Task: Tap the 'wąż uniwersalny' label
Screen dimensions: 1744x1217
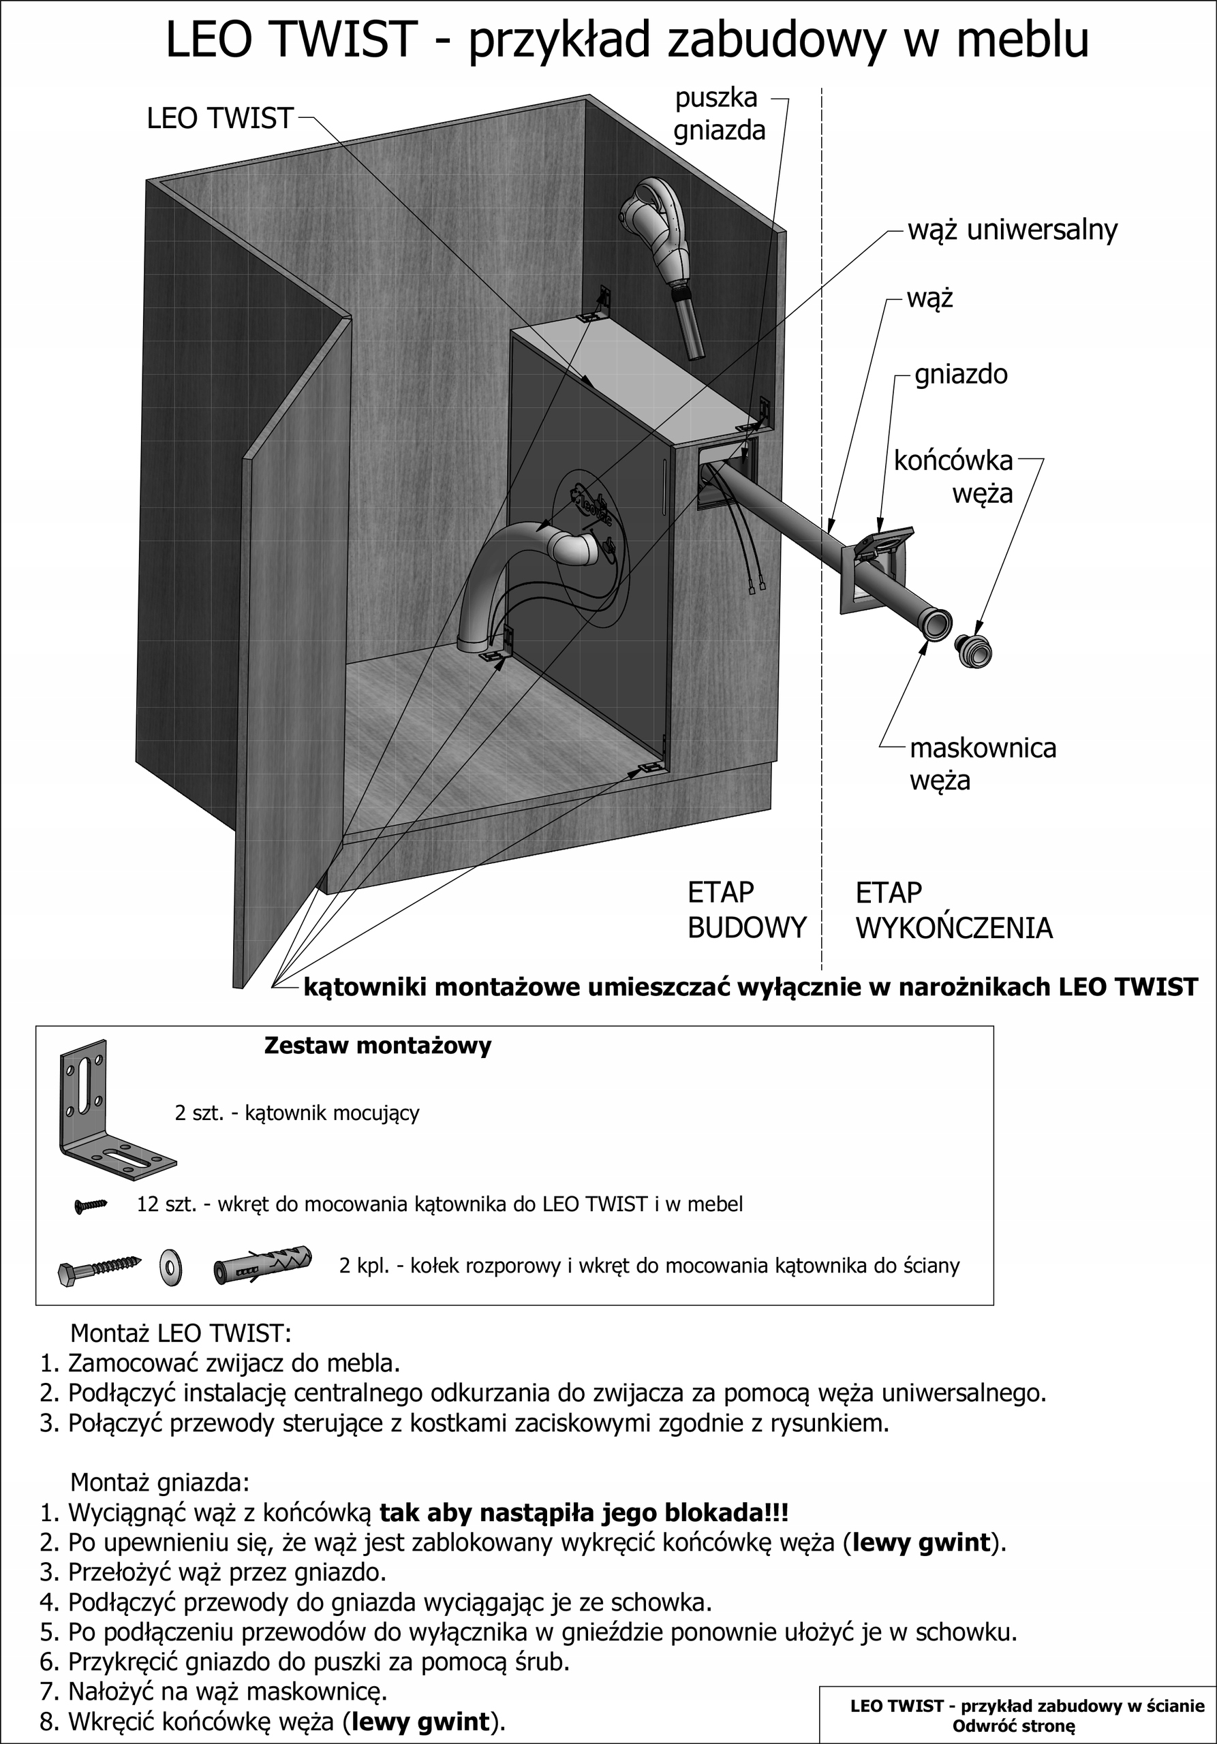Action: coord(1013,230)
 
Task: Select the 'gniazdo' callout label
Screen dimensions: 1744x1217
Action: coord(961,375)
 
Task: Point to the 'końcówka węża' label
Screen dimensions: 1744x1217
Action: coord(953,477)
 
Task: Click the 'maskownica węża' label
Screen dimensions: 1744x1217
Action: coord(983,764)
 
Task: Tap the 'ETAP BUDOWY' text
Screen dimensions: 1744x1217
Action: coord(745,910)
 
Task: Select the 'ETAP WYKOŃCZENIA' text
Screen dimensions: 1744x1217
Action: coord(953,910)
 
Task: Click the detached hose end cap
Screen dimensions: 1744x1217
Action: coord(974,650)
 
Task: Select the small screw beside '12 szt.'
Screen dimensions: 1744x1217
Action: coord(91,1204)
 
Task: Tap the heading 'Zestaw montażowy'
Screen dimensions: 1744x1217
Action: coord(377,1046)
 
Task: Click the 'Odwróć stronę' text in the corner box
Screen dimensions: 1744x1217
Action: coord(1013,1725)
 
